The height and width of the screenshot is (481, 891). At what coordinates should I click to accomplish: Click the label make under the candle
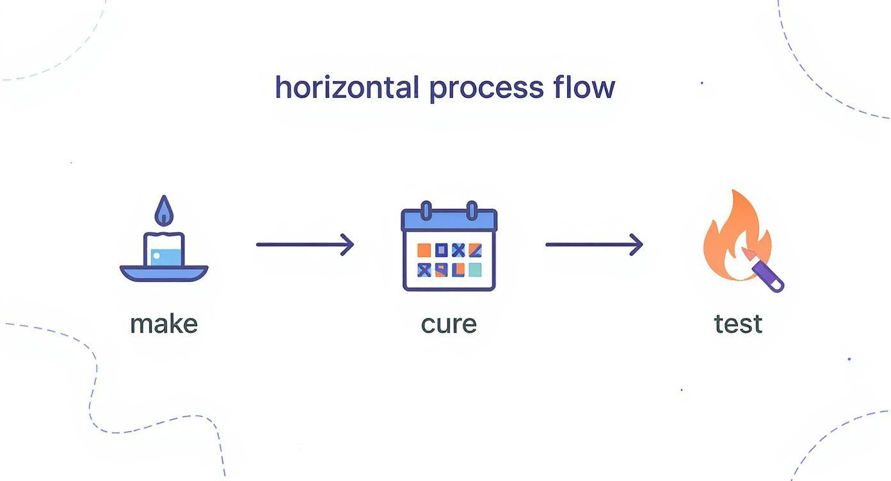click(x=164, y=324)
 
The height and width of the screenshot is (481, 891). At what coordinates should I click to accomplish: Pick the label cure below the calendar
click(x=449, y=324)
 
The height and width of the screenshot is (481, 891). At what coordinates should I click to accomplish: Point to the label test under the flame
click(x=738, y=324)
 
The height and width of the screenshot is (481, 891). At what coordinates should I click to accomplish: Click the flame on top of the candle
click(x=165, y=211)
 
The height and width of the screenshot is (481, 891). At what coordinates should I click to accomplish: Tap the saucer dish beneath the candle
click(x=164, y=273)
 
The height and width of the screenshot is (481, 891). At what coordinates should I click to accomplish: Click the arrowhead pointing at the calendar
click(x=348, y=244)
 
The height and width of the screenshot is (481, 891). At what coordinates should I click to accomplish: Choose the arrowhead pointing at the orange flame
click(x=638, y=244)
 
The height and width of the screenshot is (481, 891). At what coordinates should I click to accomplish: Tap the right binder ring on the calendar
click(x=472, y=210)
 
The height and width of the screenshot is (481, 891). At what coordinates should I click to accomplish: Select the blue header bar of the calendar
click(x=449, y=221)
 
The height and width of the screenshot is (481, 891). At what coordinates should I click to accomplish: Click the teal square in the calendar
click(x=474, y=270)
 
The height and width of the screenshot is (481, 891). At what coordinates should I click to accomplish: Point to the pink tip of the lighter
click(x=747, y=254)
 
